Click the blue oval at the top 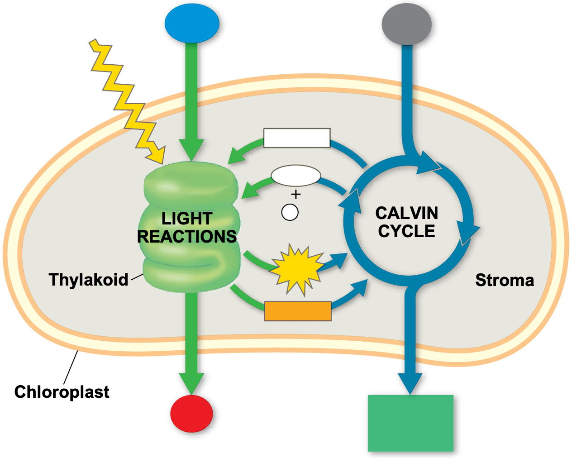pos(192,24)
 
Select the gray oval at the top pos(406,24)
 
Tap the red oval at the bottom pos(191,414)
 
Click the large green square pos(410,423)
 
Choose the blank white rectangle pos(297,138)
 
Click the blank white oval pos(296,176)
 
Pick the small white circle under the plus pos(290,212)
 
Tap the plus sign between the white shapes pos(296,195)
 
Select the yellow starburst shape pos(297,268)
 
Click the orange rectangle pos(298,311)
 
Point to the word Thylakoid pos(88,280)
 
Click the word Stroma pos(505,281)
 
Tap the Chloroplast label pos(62,392)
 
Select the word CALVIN pos(407,213)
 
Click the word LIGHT pos(187,219)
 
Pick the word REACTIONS pos(187,237)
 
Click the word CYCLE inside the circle pos(407,231)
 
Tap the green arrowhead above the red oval pos(191,383)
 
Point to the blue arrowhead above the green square pos(410,383)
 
